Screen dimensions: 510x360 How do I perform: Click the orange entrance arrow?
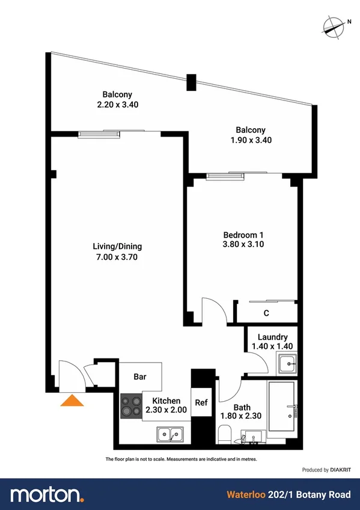pos(72,401)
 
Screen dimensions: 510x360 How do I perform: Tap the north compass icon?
pos(333,25)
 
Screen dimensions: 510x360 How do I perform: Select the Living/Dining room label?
pos(117,247)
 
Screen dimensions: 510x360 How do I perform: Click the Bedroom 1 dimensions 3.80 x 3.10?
pos(243,244)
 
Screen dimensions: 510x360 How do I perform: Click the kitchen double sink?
pos(170,434)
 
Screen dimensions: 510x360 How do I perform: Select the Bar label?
pos(140,378)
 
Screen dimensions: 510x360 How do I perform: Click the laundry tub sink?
pos(287,363)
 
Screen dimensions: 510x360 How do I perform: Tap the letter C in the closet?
pos(266,313)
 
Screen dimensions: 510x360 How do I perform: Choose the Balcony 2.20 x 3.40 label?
pos(117,99)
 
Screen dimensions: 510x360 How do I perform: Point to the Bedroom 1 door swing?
pos(213,310)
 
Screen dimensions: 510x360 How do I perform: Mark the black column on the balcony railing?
pos(191,82)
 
